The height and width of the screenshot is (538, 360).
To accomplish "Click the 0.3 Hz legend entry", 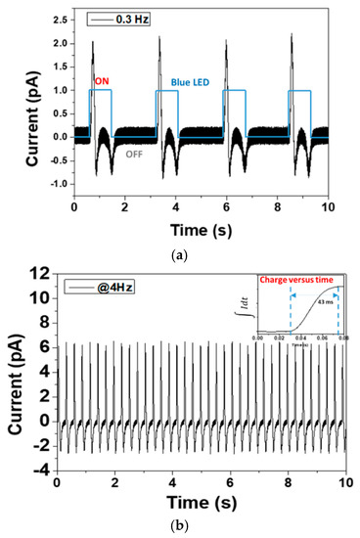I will (127, 19).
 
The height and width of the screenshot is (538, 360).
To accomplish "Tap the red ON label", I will (101, 82).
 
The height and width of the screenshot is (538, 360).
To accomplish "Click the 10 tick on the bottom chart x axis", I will (344, 483).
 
